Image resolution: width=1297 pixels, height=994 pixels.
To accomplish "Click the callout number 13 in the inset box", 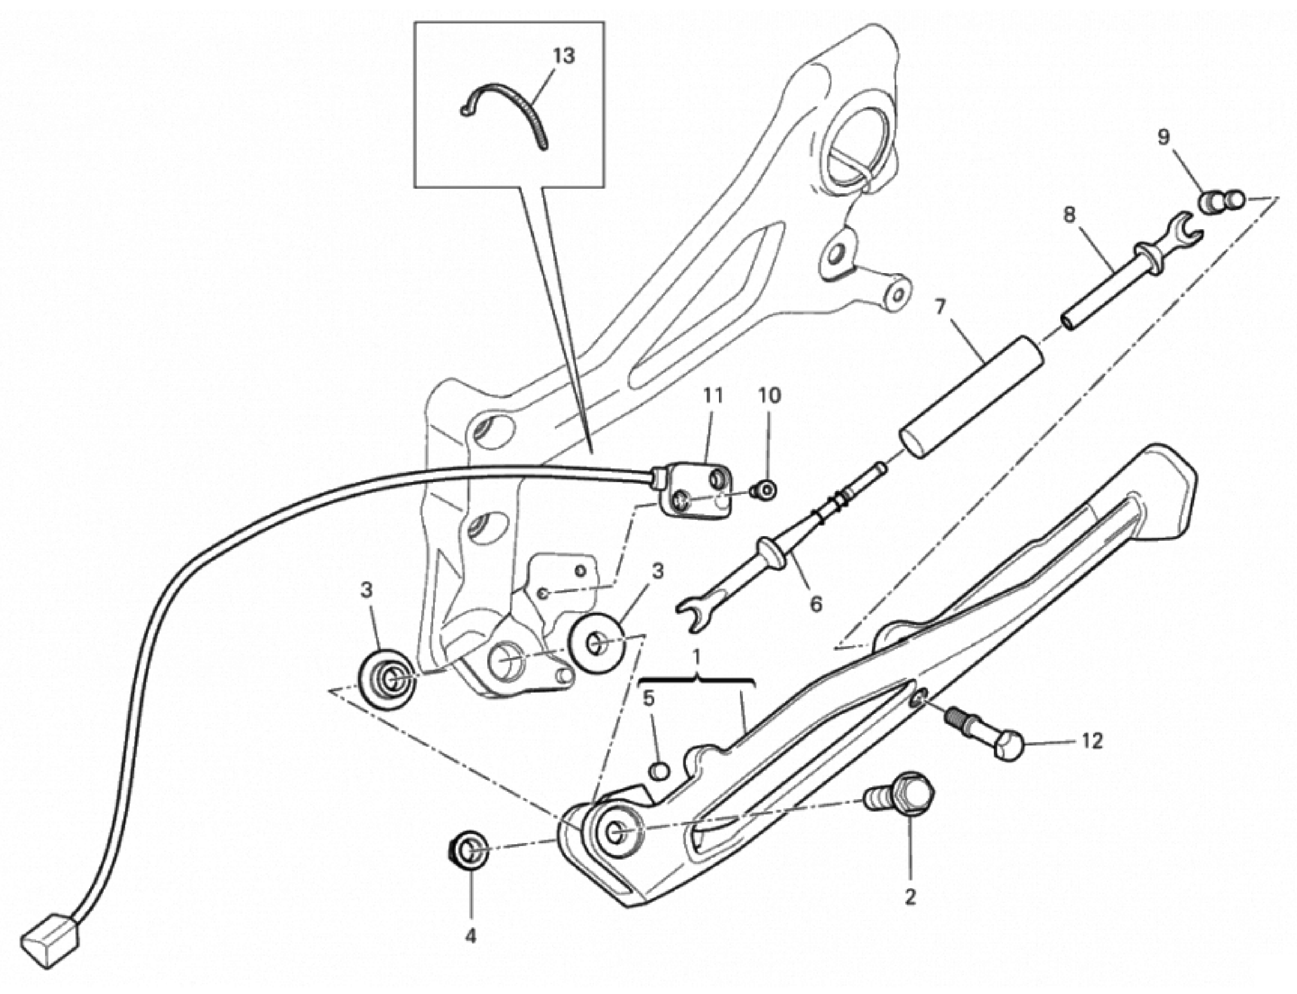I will click(564, 56).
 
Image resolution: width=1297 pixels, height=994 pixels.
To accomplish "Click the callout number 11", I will click(713, 396).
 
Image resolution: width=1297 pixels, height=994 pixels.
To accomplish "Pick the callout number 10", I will click(770, 396).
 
